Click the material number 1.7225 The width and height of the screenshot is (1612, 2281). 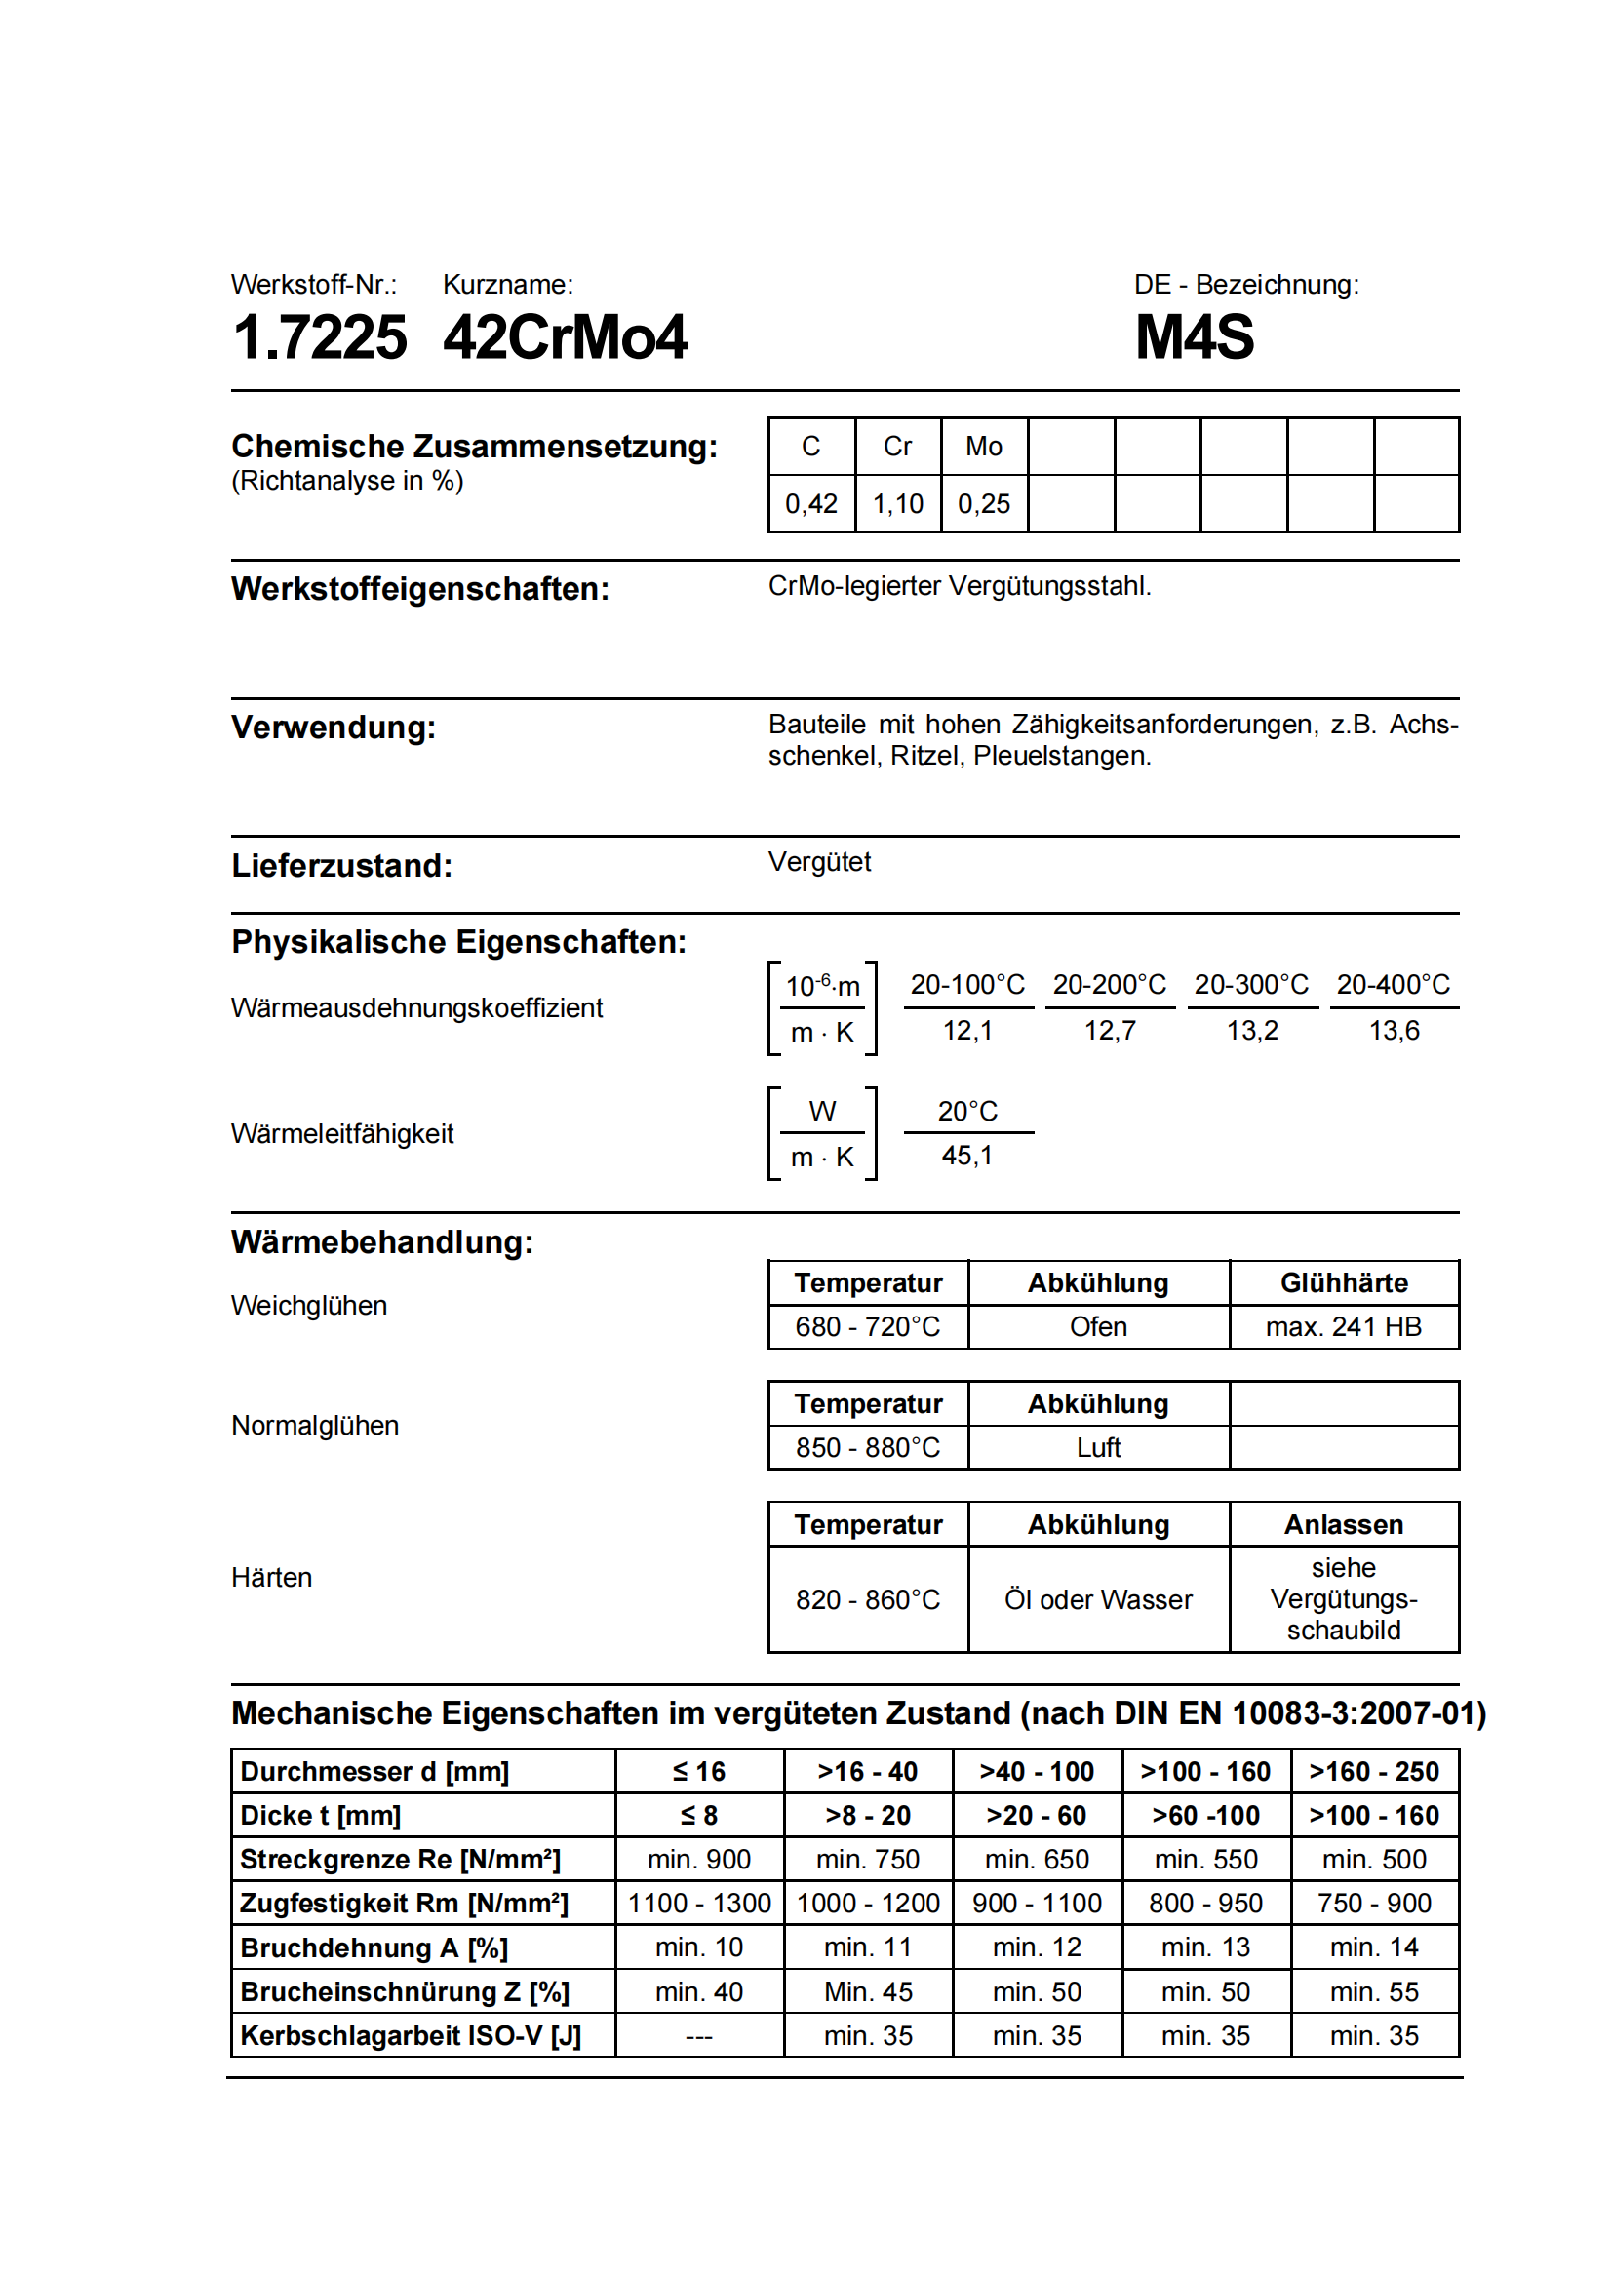pyautogui.click(x=319, y=337)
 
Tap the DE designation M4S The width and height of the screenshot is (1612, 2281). pyautogui.click(x=1194, y=337)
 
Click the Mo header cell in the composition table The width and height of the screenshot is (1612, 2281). pyautogui.click(x=983, y=447)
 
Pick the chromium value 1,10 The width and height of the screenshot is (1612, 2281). pyautogui.click(x=897, y=505)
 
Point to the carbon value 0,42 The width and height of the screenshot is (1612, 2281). pyautogui.click(x=810, y=505)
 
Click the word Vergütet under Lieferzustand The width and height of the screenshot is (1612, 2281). pyautogui.click(x=818, y=862)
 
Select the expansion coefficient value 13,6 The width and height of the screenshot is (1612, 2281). pyautogui.click(x=1394, y=1031)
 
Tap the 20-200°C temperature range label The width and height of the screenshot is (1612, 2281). pyautogui.click(x=1110, y=985)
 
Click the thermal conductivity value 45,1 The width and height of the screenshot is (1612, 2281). pyautogui.click(x=966, y=1157)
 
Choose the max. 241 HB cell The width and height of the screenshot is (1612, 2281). pyautogui.click(x=1343, y=1327)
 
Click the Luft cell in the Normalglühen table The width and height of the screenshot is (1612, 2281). pyautogui.click(x=1097, y=1448)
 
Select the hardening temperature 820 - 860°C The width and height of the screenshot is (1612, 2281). pyautogui.click(x=867, y=1600)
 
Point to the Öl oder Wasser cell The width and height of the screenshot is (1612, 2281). pyautogui.click(x=1097, y=1600)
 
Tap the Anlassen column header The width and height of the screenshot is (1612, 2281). pyautogui.click(x=1343, y=1525)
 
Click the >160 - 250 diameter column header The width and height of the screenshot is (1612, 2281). pyautogui.click(x=1374, y=1772)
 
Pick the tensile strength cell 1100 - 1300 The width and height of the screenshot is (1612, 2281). pyautogui.click(x=699, y=1904)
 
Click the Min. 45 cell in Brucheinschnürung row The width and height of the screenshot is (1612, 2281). pyautogui.click(x=868, y=1992)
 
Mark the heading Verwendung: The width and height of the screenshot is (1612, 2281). pyautogui.click(x=334, y=728)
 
